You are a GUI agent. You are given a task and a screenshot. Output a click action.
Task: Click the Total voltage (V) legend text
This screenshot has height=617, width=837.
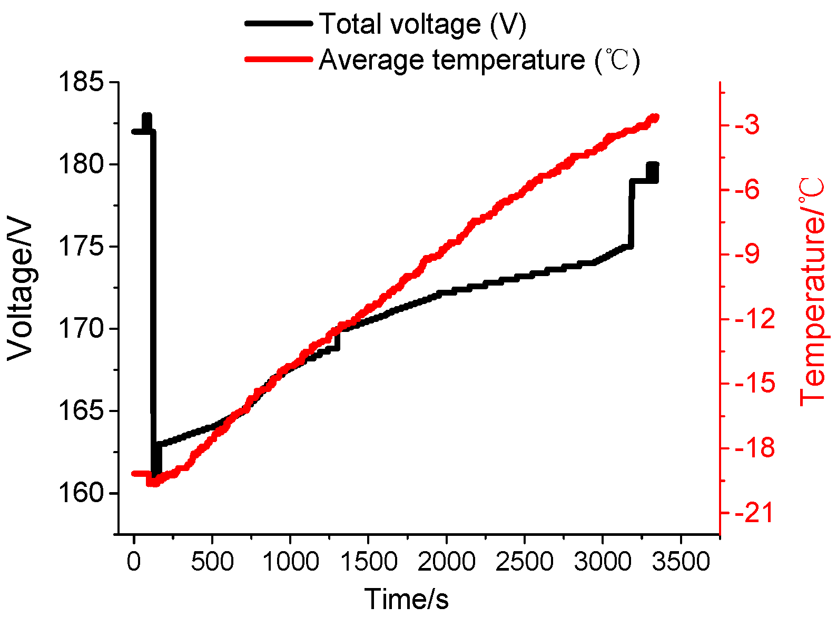tap(423, 24)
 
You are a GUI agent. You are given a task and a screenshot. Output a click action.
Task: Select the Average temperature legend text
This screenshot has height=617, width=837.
tap(479, 60)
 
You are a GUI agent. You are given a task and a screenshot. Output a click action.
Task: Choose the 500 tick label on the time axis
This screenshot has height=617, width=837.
tap(212, 562)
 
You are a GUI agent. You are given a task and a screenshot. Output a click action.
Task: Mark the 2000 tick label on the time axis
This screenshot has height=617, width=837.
tap(446, 562)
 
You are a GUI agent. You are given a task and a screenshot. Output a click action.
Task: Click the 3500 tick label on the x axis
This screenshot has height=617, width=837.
tap(681, 562)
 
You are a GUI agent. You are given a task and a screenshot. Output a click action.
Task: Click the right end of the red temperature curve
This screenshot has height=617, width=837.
tap(655, 117)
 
